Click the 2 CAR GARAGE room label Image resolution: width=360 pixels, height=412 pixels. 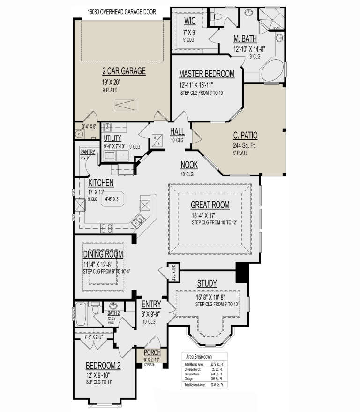[x=124, y=71]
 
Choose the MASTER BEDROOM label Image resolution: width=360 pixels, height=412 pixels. [x=206, y=74]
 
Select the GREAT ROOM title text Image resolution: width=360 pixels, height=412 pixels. [x=210, y=205]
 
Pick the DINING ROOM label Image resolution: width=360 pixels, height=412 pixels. [x=104, y=254]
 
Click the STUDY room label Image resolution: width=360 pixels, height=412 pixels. [x=206, y=283]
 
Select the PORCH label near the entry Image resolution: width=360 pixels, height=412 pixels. [x=153, y=353]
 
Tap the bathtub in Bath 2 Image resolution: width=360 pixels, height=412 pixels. [x=81, y=314]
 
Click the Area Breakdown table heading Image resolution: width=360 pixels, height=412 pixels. [x=200, y=356]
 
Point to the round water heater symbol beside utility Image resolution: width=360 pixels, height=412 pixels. [x=78, y=133]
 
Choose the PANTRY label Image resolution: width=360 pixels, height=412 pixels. [x=87, y=152]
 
